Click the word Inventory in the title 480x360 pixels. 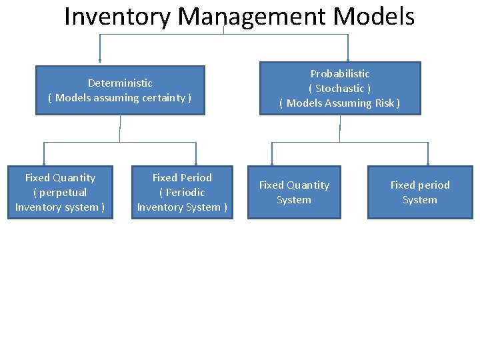point(117,17)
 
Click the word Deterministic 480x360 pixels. point(120,83)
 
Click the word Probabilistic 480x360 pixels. point(340,74)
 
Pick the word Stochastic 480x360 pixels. point(340,89)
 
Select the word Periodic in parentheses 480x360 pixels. point(183,193)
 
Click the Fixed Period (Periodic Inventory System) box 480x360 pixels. point(182,192)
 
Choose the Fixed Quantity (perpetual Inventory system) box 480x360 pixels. point(60,192)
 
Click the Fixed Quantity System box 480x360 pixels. point(294,192)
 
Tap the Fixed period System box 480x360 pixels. point(420,192)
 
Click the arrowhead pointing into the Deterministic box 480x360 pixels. point(100,63)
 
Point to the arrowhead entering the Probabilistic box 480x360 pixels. point(347,59)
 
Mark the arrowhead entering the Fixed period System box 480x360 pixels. point(427,163)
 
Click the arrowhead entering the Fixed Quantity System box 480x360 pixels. point(272,163)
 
